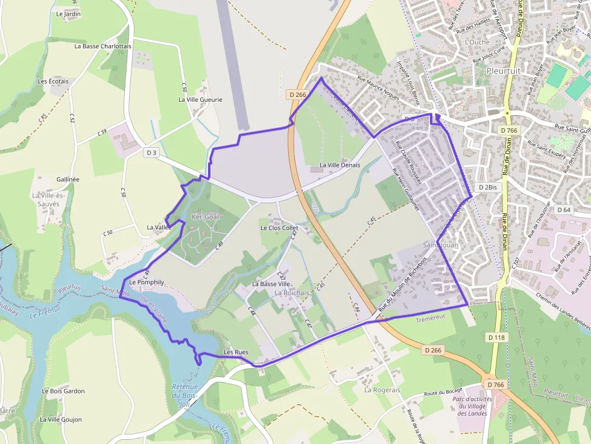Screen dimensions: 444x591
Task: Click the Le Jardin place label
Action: click(x=68, y=13)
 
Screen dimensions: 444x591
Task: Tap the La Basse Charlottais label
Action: click(x=103, y=46)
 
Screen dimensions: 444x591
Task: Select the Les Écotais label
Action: click(x=53, y=81)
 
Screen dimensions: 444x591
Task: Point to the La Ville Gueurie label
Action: click(x=200, y=99)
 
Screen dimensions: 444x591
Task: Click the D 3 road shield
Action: click(x=151, y=153)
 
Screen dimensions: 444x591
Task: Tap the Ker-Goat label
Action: click(x=205, y=216)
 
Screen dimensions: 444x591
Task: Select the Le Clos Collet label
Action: click(x=279, y=228)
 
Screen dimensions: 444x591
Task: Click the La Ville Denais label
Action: click(x=340, y=164)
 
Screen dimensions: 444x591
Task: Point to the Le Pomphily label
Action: click(x=147, y=282)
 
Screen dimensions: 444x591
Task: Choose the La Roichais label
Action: click(x=292, y=293)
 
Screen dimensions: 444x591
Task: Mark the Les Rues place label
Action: click(x=236, y=352)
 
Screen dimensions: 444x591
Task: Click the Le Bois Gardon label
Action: click(x=63, y=391)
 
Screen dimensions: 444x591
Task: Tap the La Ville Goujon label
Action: click(x=61, y=419)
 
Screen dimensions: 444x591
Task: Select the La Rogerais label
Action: click(x=382, y=390)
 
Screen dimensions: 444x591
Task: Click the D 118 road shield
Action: click(x=495, y=337)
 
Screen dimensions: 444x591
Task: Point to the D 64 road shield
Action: click(x=563, y=210)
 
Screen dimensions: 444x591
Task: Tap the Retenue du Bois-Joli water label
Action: click(x=185, y=395)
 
